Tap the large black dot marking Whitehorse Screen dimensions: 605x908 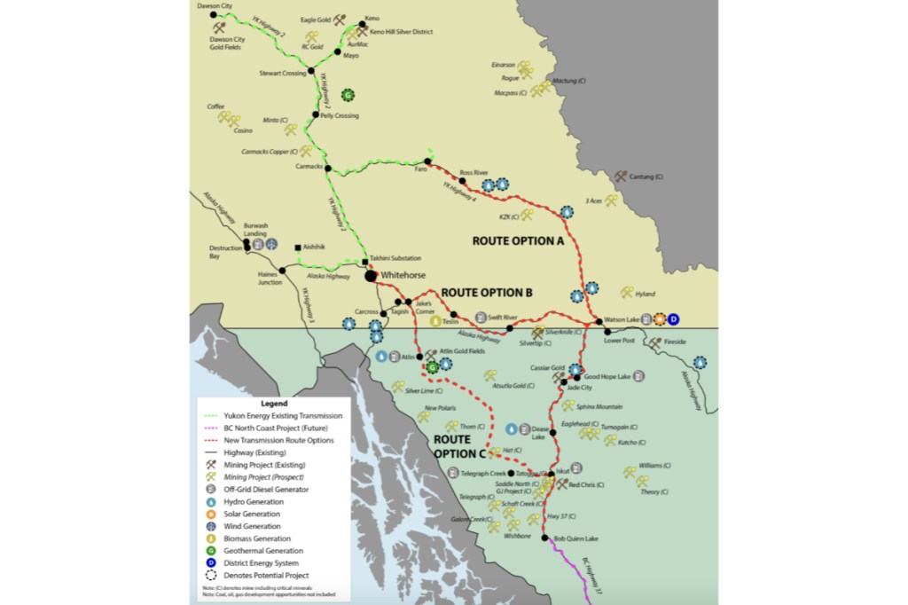click(371, 276)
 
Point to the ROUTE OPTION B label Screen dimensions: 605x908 click(487, 292)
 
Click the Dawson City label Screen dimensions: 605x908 click(214, 6)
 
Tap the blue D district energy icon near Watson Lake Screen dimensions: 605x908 click(673, 319)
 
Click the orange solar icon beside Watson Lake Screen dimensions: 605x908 click(660, 319)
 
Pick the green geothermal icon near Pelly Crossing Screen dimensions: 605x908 click(348, 94)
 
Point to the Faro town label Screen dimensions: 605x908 click(420, 169)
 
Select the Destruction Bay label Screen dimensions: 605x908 click(225, 252)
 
